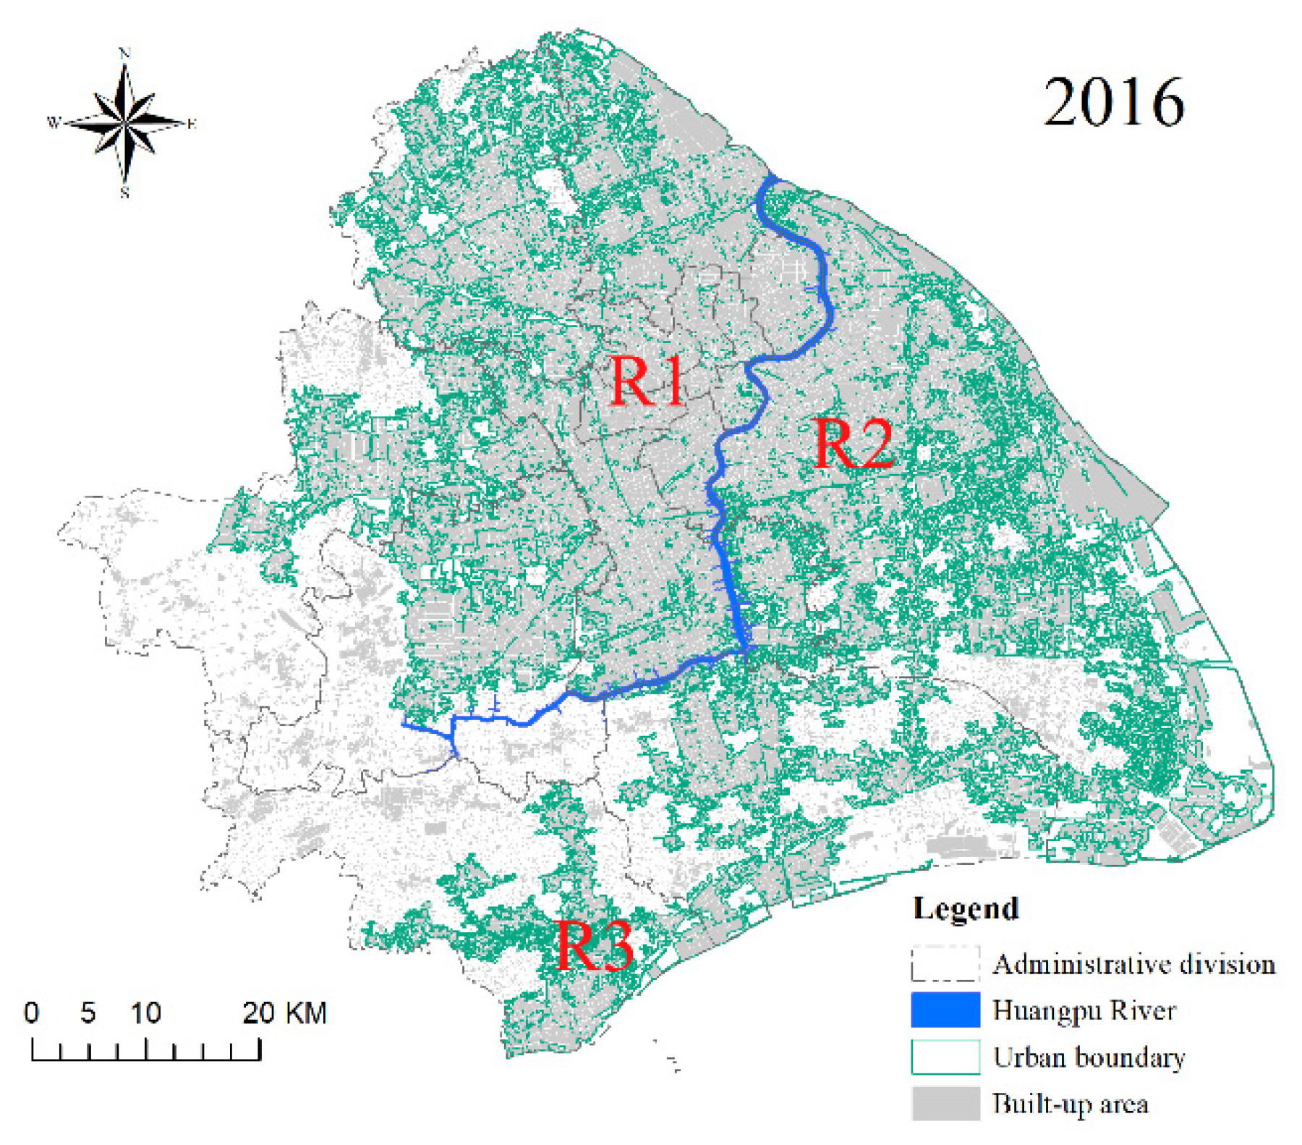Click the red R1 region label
point(647,381)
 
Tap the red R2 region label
point(854,443)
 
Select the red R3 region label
point(595,945)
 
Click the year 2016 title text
point(1114,103)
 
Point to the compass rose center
point(125,122)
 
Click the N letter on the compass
point(124,54)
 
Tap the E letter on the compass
point(191,124)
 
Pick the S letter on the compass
point(124,193)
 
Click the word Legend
point(966,908)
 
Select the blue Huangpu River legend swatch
point(945,1010)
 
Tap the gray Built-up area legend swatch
point(945,1103)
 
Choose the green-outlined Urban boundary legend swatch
point(945,1057)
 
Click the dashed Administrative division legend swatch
point(945,963)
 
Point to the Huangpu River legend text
point(1084,1010)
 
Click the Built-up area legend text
point(1071,1104)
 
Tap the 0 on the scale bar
point(31,1013)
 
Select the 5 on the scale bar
point(88,1013)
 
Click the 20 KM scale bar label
point(284,1013)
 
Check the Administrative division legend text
point(1133,964)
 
